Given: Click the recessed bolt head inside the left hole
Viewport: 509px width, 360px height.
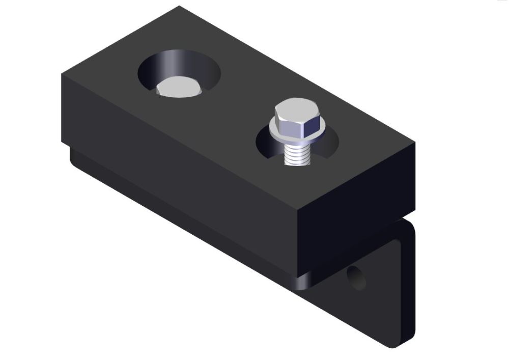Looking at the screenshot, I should tap(178, 88).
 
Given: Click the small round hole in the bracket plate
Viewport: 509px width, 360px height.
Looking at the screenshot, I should tap(356, 278).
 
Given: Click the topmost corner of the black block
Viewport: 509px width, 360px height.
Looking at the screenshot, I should tap(179, 7).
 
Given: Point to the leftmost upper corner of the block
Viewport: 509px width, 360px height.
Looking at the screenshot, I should tap(62, 75).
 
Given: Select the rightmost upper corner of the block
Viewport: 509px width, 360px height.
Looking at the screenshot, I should tap(414, 143).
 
